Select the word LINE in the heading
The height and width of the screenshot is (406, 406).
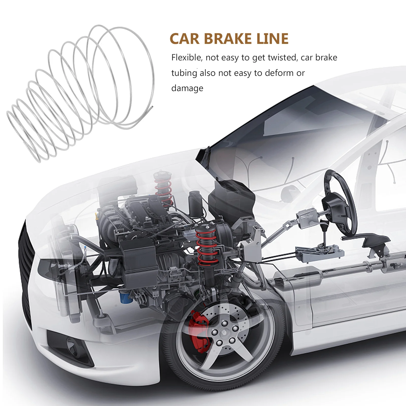[272, 39]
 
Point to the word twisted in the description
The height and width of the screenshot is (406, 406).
[282, 58]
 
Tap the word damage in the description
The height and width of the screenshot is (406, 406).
[187, 88]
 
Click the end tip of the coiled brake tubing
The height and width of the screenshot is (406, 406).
[153, 107]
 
